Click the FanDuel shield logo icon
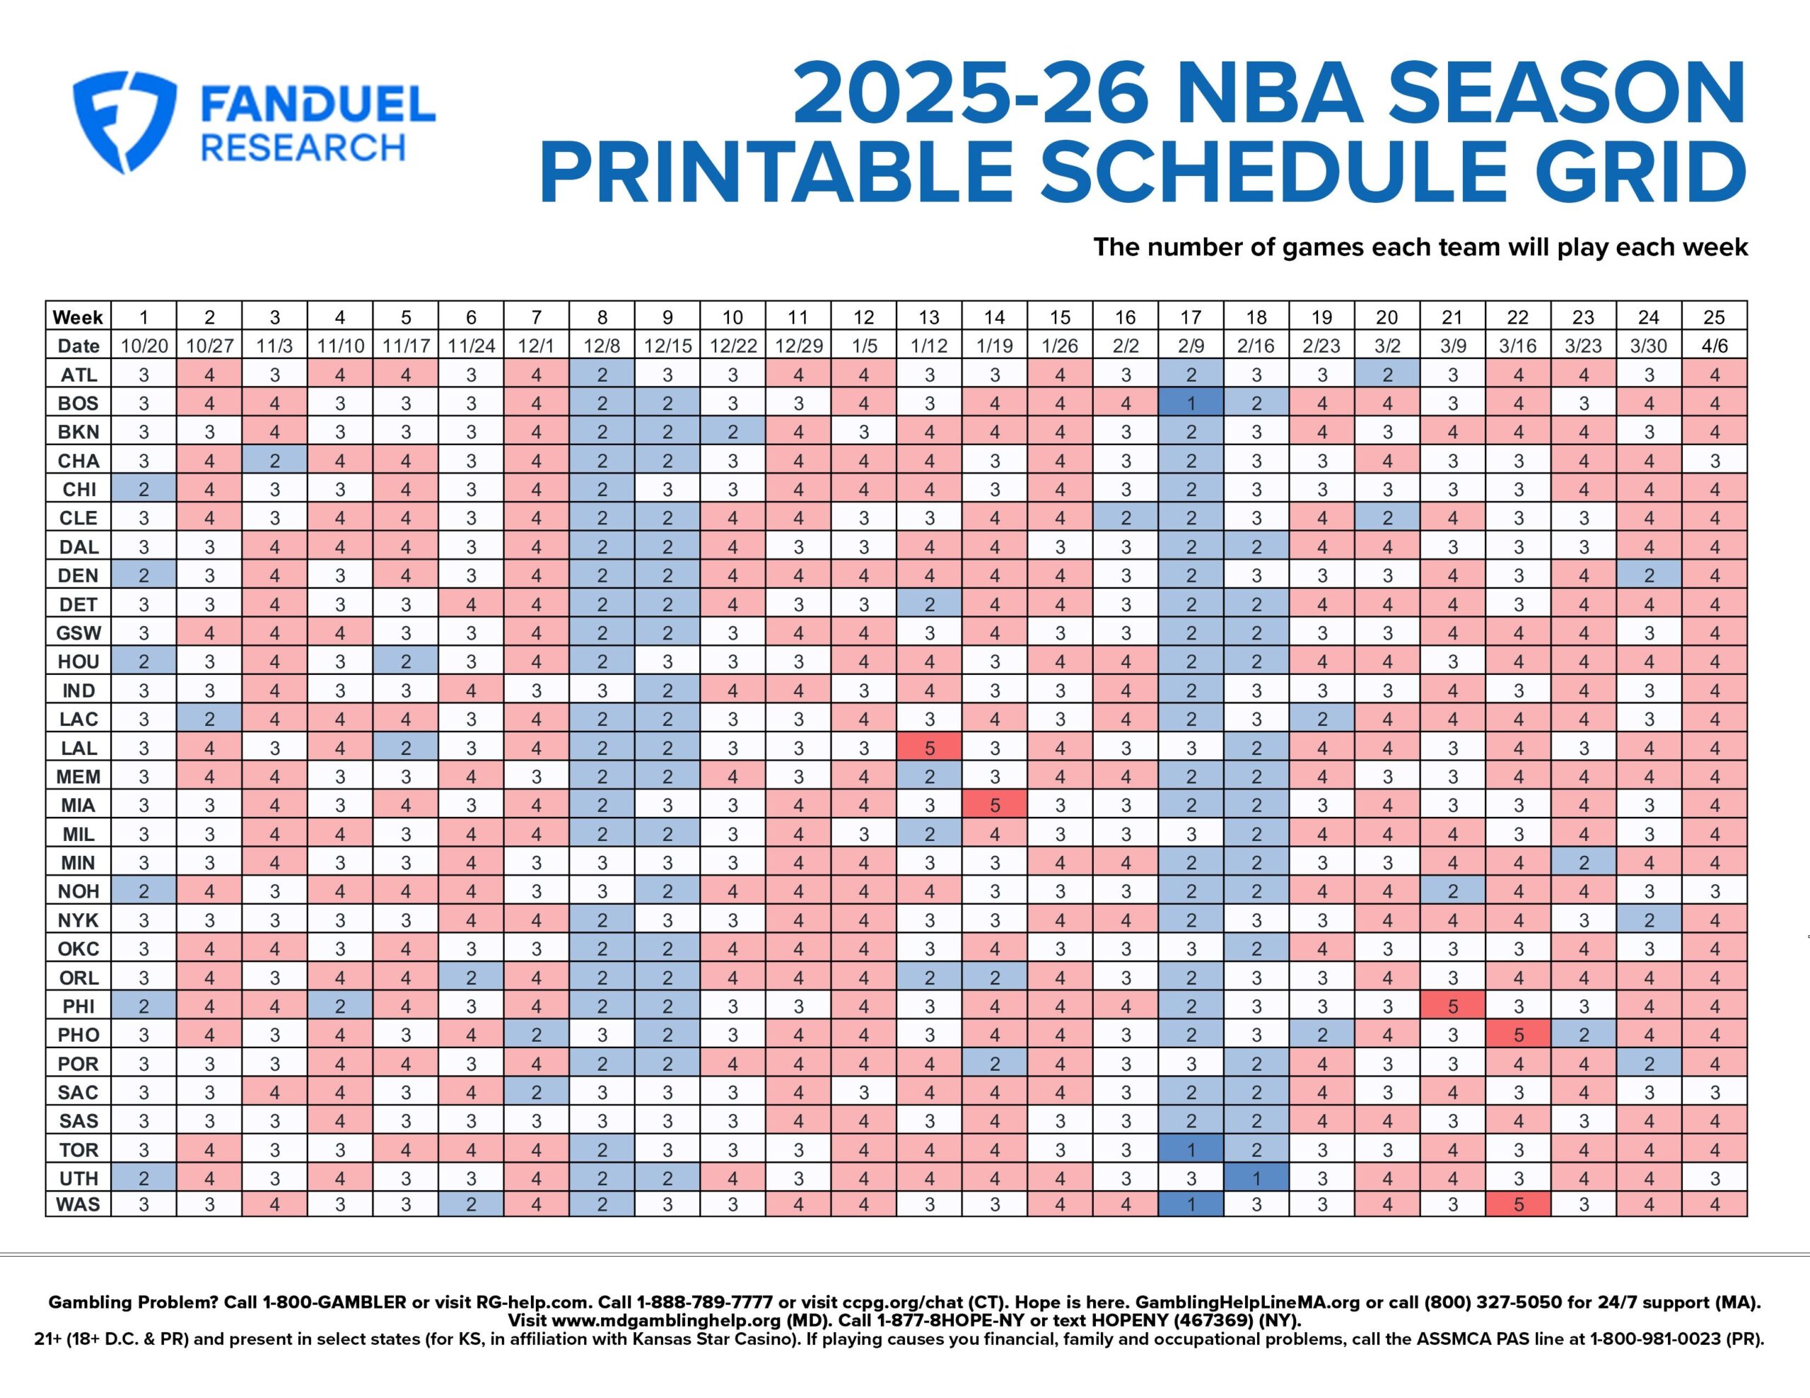point(124,121)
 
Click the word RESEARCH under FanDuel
point(303,148)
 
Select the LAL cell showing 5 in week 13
point(929,748)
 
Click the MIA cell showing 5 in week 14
point(995,804)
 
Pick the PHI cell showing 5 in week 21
point(1452,1006)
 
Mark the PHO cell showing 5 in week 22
point(1517,1034)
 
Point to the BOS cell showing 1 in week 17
point(1191,403)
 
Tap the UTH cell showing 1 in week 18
point(1256,1177)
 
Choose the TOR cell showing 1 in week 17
point(1191,1149)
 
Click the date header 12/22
point(732,346)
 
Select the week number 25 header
point(1714,317)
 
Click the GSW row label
point(78,633)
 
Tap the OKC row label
point(78,949)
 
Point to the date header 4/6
point(1714,346)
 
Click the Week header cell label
point(78,317)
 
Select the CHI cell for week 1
point(144,489)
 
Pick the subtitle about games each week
point(1420,247)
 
